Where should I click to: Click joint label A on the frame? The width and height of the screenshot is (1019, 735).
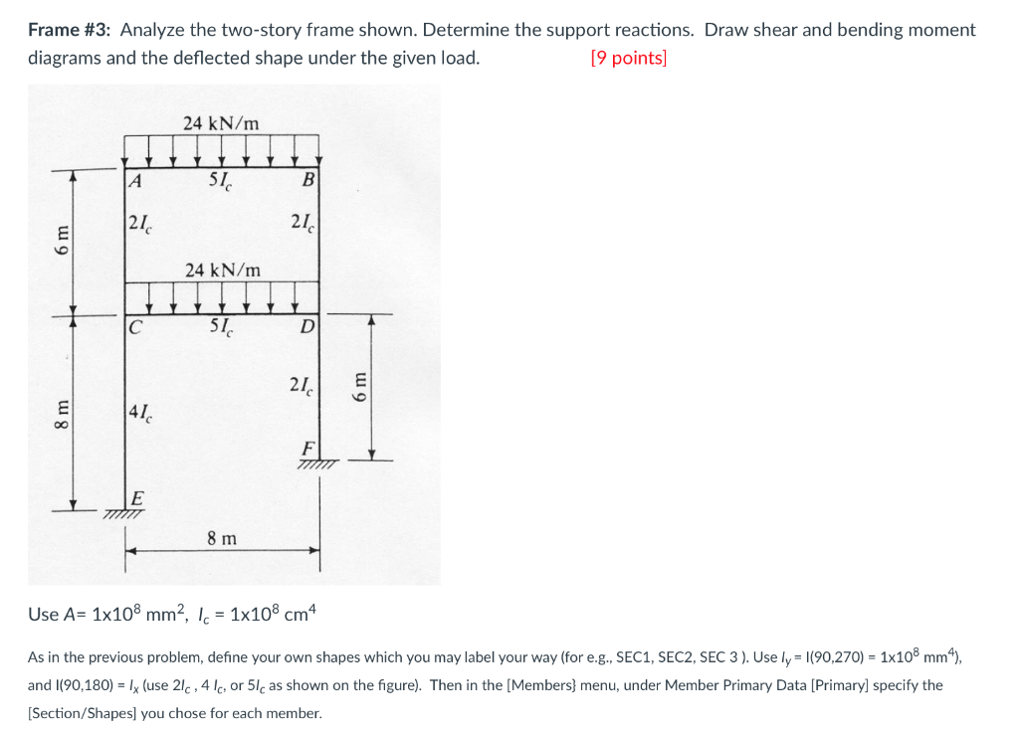(x=134, y=180)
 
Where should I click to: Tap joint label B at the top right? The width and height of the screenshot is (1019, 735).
(x=308, y=179)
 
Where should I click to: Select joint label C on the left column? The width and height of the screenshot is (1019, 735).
(x=134, y=326)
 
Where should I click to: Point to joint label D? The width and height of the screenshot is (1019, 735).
(x=307, y=326)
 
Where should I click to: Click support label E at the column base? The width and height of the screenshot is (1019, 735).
(x=137, y=498)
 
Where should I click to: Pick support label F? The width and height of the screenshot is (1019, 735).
(x=308, y=449)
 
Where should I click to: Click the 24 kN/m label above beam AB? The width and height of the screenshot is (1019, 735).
(x=221, y=122)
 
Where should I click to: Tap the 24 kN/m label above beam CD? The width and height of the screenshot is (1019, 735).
(x=223, y=271)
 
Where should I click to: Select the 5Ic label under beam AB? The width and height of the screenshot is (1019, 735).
(x=220, y=181)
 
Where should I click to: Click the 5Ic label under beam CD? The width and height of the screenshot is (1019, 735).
(x=221, y=328)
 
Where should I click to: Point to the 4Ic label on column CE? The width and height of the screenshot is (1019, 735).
(x=140, y=413)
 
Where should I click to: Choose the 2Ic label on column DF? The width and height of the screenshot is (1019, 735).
(x=301, y=386)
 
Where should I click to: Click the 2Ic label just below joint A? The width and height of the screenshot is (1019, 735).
(x=139, y=224)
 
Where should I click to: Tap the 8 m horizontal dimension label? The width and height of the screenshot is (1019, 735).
(x=222, y=538)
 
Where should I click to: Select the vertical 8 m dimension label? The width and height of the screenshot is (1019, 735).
(x=62, y=415)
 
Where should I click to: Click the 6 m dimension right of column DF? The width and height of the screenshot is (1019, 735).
(x=359, y=386)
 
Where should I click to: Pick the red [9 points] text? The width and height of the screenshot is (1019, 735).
(x=629, y=58)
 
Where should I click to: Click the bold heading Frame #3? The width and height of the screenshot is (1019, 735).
(x=69, y=30)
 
